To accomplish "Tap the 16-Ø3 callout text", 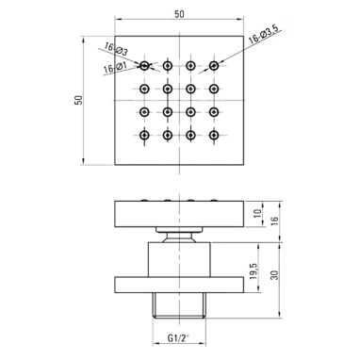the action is (116, 50).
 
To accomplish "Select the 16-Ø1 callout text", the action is (115, 68).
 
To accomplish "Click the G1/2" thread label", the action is (178, 338).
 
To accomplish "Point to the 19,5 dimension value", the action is (254, 270).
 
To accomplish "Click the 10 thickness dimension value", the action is (257, 214).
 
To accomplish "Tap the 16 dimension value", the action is (274, 221).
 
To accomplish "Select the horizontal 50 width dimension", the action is (180, 14).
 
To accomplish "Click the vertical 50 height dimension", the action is (78, 100).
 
